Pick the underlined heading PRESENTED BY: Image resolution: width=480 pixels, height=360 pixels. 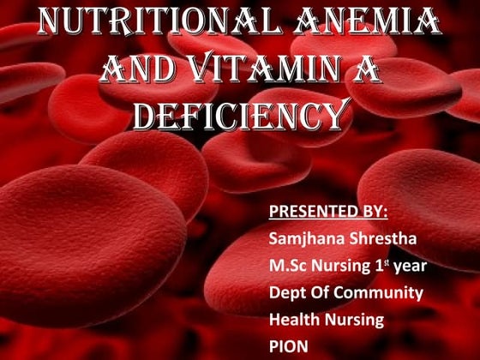328,210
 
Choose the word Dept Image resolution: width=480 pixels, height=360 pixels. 287,292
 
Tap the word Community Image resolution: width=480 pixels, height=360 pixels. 382,292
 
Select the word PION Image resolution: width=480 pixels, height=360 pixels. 288,347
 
